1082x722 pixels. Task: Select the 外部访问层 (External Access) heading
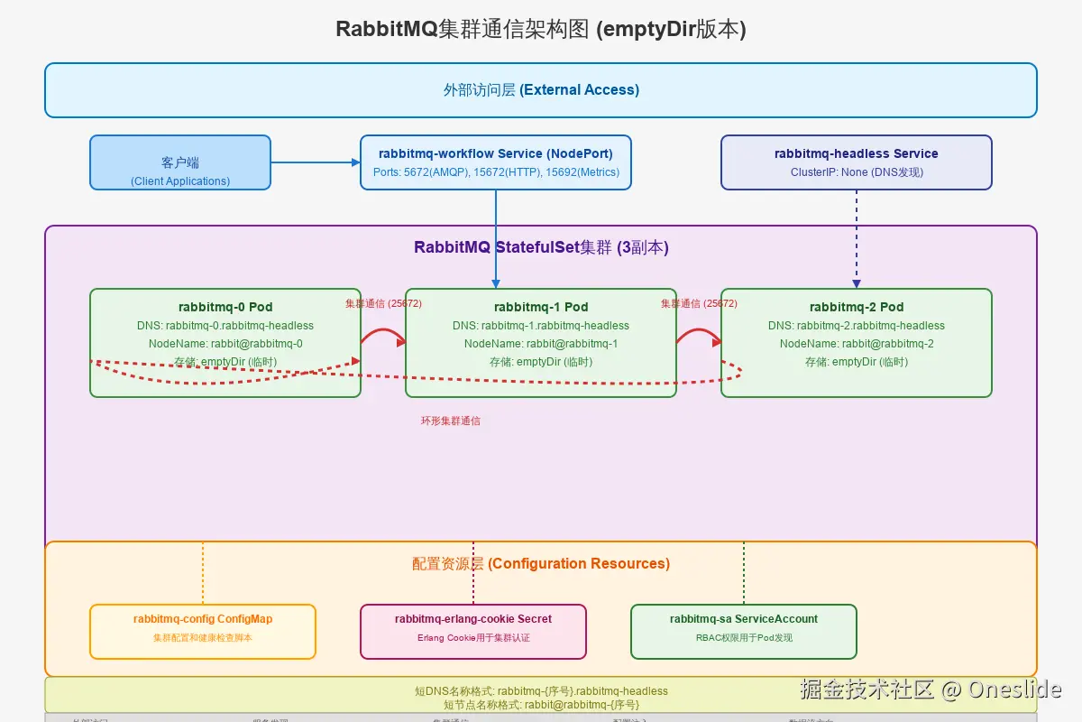click(541, 89)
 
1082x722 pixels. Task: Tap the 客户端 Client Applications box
click(180, 162)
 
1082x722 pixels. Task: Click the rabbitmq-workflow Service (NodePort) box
click(496, 162)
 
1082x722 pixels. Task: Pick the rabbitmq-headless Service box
click(857, 162)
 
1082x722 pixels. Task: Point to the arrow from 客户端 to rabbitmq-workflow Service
click(316, 162)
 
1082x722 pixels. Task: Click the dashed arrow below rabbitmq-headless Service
click(857, 239)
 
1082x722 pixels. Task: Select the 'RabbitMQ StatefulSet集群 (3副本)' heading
click(541, 247)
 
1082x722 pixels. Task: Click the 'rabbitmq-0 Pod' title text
click(225, 307)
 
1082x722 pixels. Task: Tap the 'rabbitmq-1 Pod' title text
click(541, 307)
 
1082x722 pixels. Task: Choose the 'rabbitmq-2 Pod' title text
click(857, 307)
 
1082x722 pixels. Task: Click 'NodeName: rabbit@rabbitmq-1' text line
click(541, 344)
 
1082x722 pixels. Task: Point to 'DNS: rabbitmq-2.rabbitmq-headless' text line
click(857, 326)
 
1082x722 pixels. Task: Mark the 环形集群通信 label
click(451, 421)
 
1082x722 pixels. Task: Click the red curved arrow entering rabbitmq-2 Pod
click(699, 334)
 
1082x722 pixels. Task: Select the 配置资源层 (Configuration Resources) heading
click(541, 564)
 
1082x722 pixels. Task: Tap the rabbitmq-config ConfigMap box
click(203, 632)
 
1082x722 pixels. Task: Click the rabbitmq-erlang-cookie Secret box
click(473, 632)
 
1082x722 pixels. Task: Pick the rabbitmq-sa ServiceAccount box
click(744, 632)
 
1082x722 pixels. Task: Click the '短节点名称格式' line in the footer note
click(541, 705)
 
